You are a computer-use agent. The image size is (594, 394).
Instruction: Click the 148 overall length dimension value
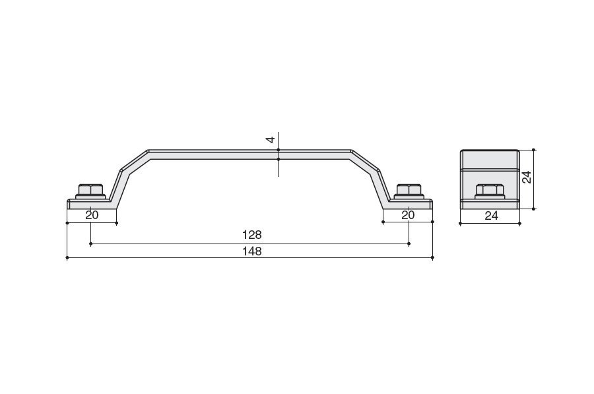click(x=252, y=251)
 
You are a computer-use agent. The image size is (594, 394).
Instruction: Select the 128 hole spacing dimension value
click(x=252, y=235)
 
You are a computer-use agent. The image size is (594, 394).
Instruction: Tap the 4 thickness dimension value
click(x=271, y=140)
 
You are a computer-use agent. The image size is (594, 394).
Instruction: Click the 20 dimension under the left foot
click(x=92, y=215)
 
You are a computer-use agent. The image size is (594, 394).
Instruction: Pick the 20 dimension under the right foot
click(x=408, y=215)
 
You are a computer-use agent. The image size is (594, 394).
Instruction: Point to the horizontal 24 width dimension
click(x=491, y=216)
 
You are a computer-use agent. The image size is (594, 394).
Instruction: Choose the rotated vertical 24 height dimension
click(x=527, y=178)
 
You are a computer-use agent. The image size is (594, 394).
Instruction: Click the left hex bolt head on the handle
click(x=91, y=191)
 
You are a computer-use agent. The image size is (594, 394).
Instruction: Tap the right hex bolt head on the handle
click(x=409, y=191)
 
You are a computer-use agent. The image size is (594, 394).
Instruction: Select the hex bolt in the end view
click(x=490, y=191)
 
